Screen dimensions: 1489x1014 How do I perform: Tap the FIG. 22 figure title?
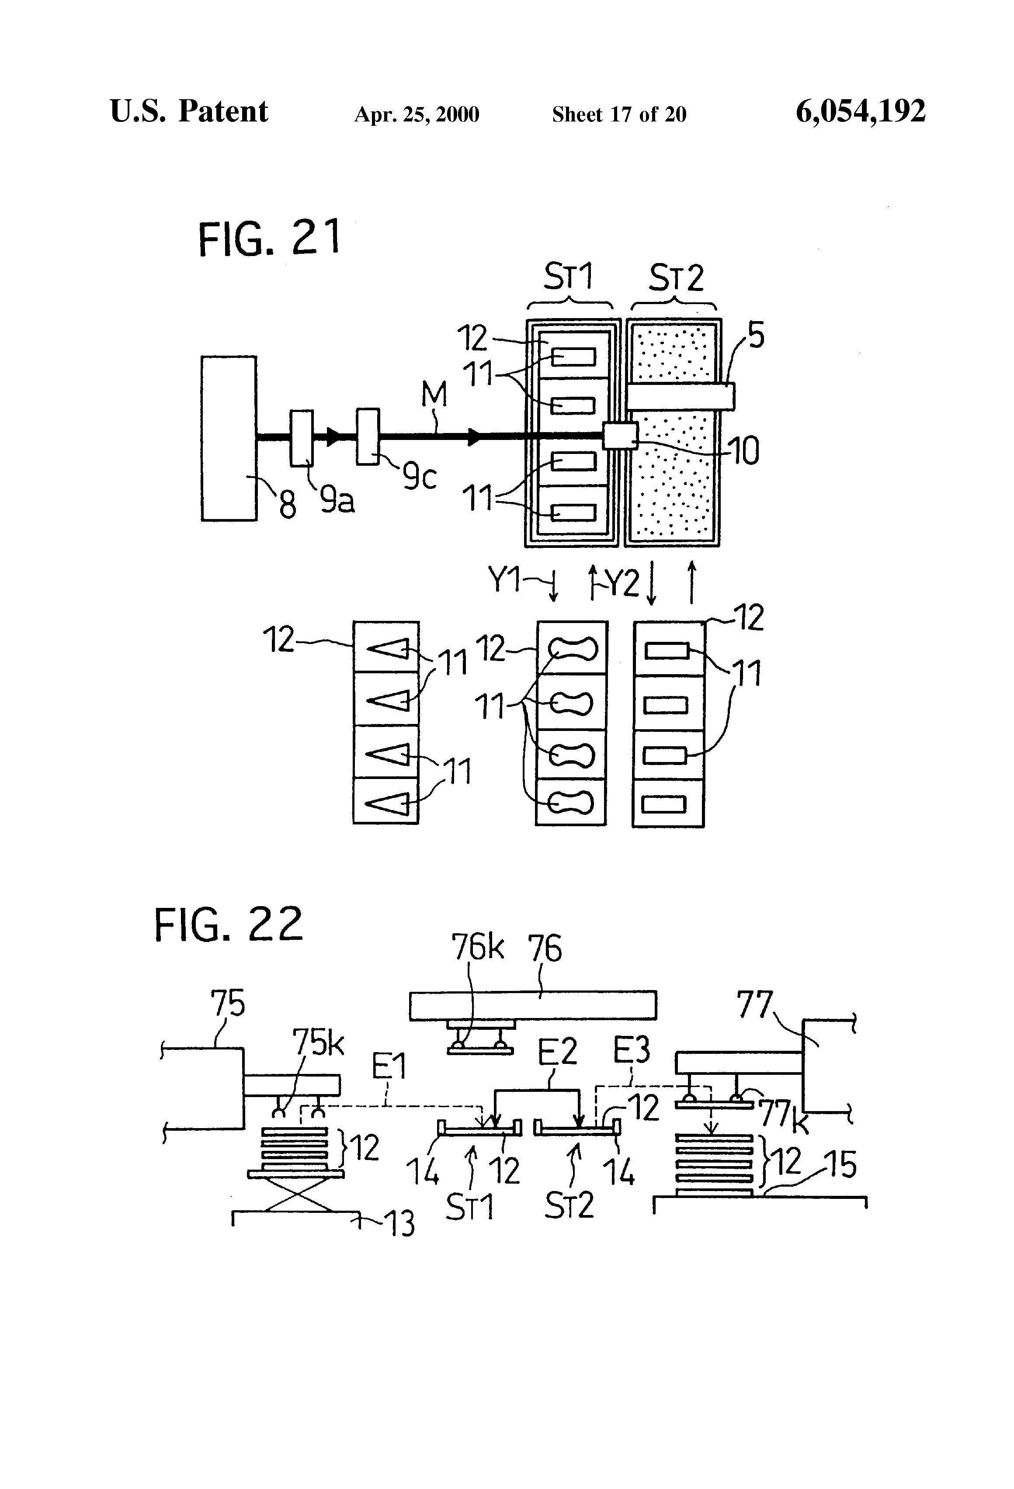tap(228, 924)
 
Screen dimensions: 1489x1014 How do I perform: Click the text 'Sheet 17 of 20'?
tap(619, 114)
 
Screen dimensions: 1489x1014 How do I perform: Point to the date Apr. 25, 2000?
tap(417, 114)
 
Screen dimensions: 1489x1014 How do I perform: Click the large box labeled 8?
tap(229, 438)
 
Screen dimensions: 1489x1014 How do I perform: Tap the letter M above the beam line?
tap(434, 394)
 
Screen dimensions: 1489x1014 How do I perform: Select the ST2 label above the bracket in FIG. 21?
tap(676, 278)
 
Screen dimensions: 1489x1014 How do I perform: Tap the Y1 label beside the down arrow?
tap(504, 580)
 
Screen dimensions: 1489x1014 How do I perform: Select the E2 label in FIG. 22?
tap(557, 1051)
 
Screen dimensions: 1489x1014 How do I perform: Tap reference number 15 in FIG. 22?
tap(840, 1164)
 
